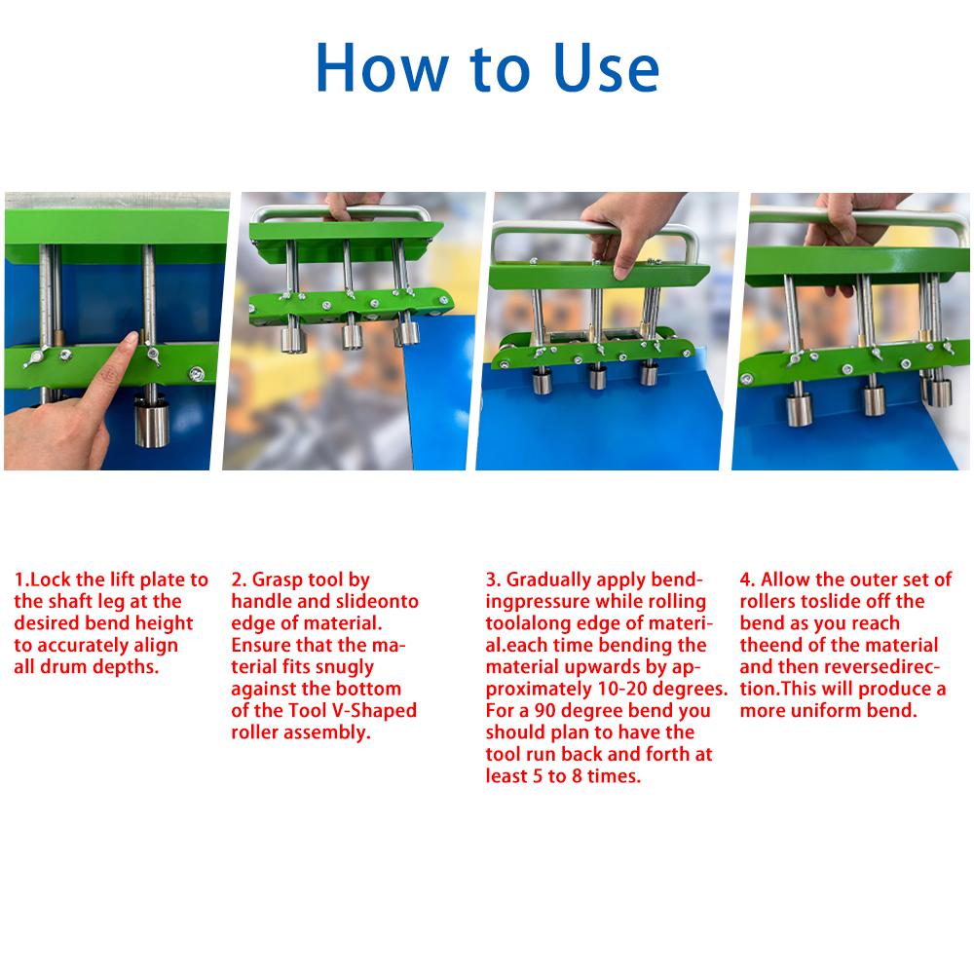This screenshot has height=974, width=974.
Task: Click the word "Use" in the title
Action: point(595,68)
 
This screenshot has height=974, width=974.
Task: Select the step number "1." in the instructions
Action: point(21,581)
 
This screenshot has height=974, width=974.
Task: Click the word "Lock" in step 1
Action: point(51,581)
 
